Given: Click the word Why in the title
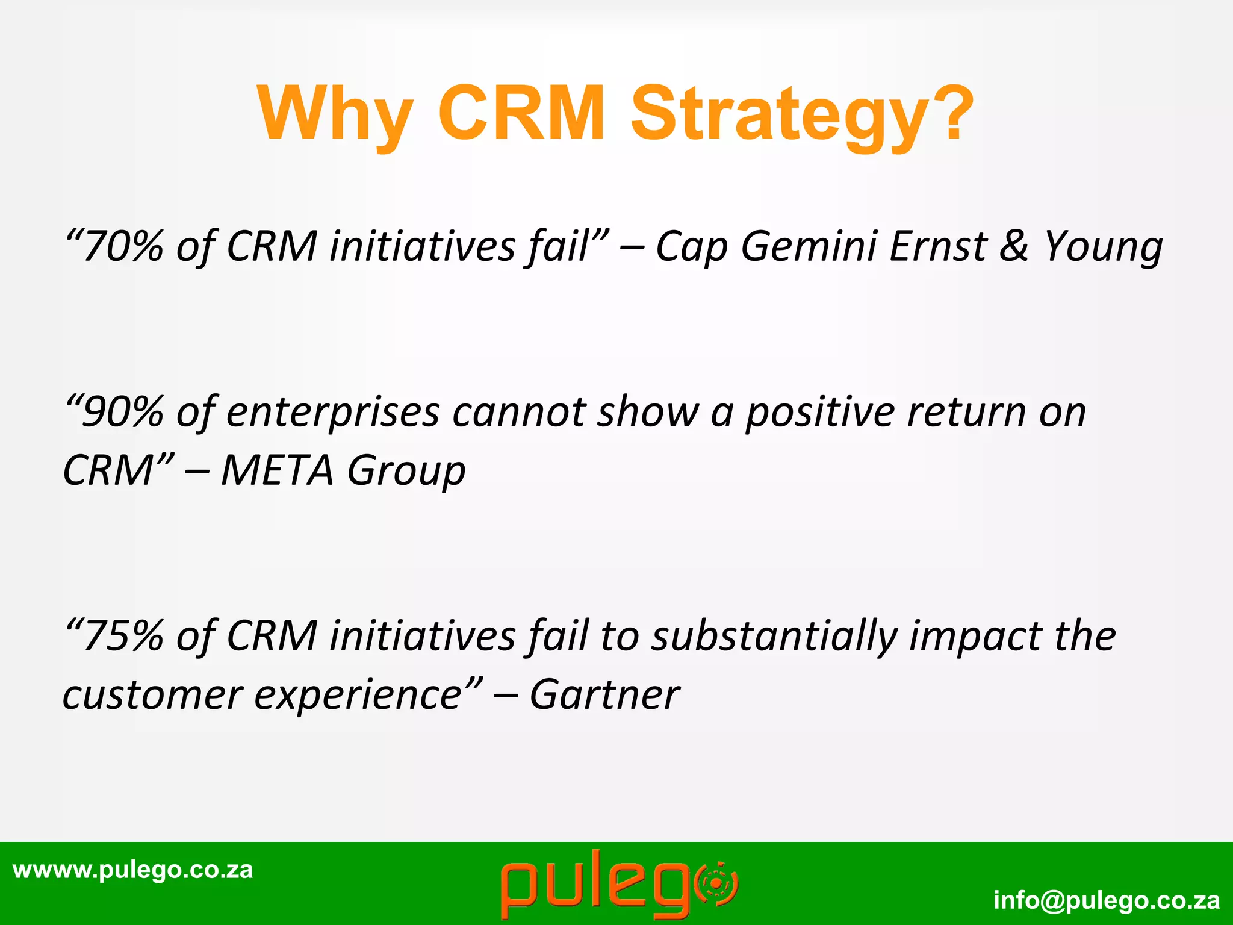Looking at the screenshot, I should pos(335,113).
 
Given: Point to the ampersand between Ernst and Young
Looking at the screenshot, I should pos(1014,246).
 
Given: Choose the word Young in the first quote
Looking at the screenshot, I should pos(1103,248).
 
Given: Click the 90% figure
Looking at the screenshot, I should pos(123,413).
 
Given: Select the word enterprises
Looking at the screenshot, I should pos(333,413).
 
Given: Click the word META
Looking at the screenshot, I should pos(277,470).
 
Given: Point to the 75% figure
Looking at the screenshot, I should pos(123,637).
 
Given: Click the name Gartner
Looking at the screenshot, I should pos(604,694).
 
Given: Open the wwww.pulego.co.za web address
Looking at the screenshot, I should pos(133,870).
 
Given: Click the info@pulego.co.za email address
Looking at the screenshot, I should pos(1107,900).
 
